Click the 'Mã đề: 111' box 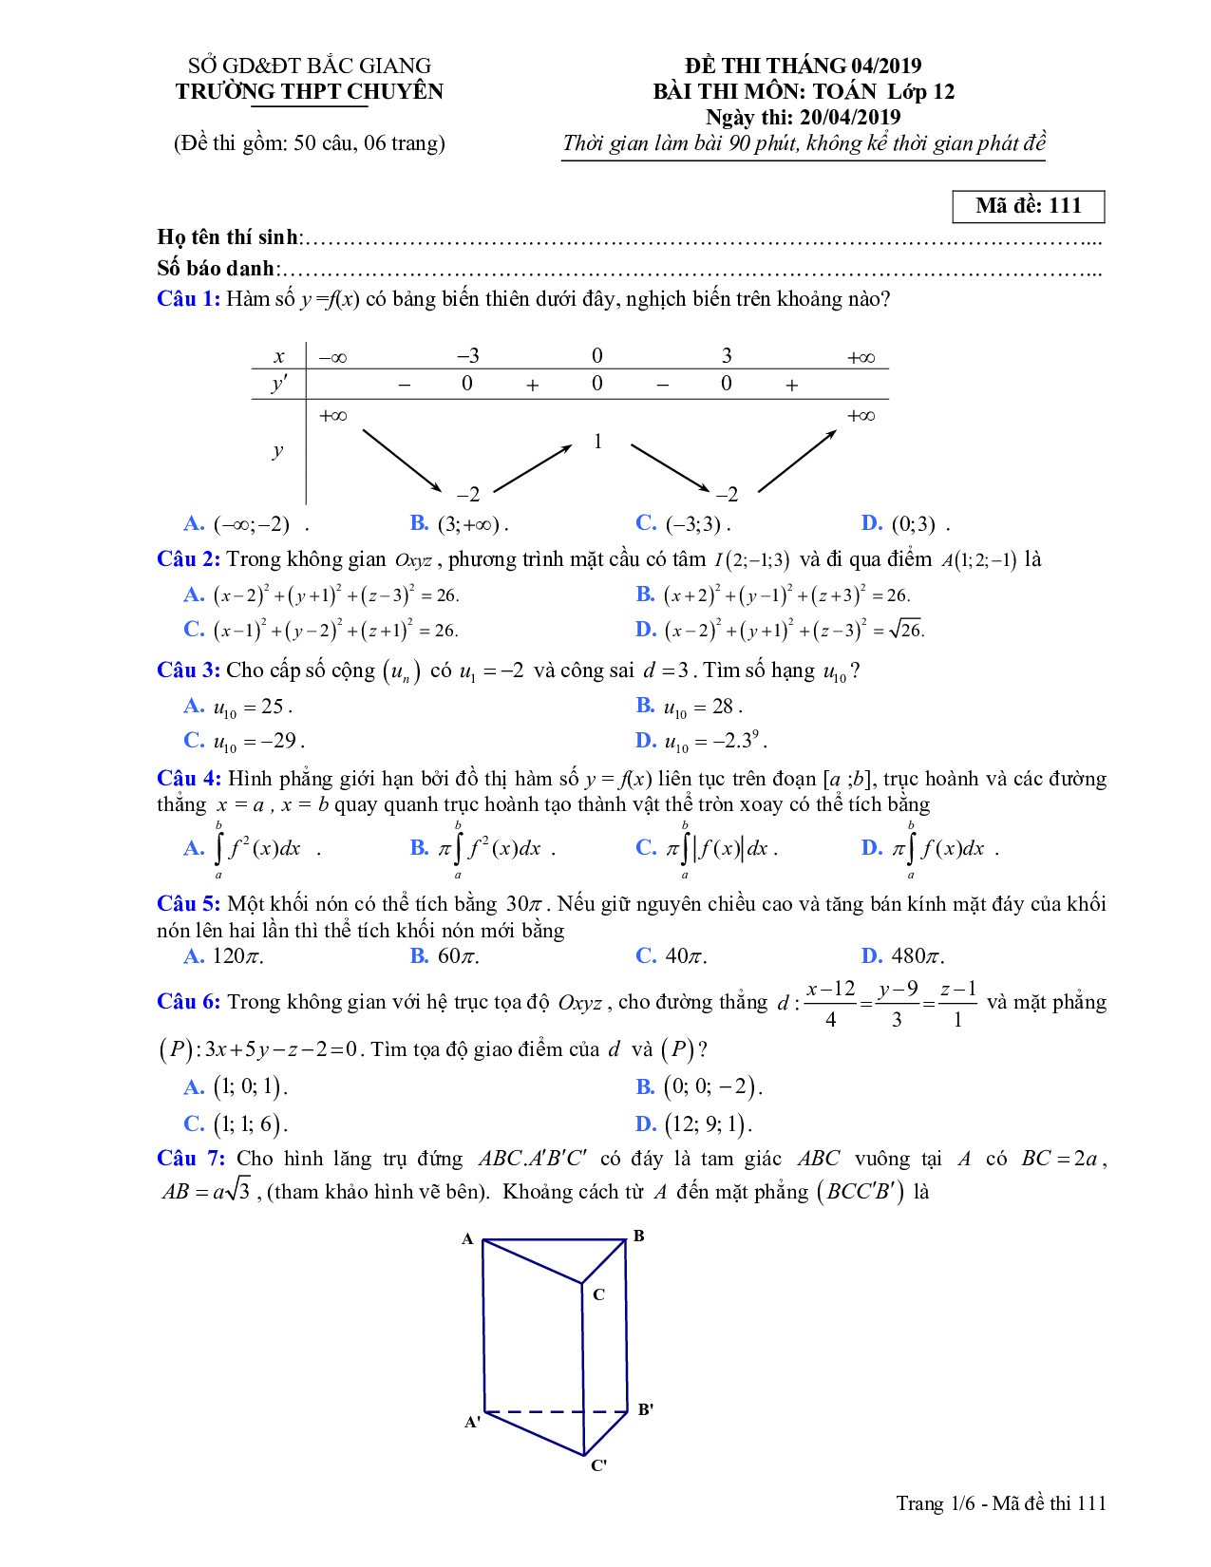pyautogui.click(x=1028, y=206)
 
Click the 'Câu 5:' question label pyautogui.click(x=189, y=903)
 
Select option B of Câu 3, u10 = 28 pyautogui.click(x=689, y=707)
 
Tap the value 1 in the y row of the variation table pyautogui.click(x=597, y=442)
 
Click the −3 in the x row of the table pyautogui.click(x=467, y=356)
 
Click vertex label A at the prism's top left pyautogui.click(x=467, y=1238)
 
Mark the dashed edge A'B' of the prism pyautogui.click(x=556, y=1412)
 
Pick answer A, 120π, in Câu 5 pyautogui.click(x=224, y=956)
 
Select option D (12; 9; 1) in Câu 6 pyautogui.click(x=693, y=1124)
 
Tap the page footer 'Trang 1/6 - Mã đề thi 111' pyautogui.click(x=1002, y=1529)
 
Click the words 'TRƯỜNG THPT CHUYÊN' pyautogui.click(x=310, y=91)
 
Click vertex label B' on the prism pyautogui.click(x=645, y=1409)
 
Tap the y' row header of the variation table pyautogui.click(x=279, y=384)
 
